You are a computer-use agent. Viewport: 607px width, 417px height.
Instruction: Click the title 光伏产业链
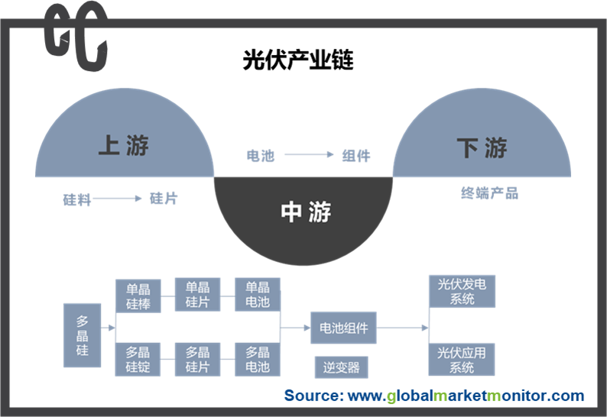tap(298, 60)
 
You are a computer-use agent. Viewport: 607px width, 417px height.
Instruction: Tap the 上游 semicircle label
tap(124, 145)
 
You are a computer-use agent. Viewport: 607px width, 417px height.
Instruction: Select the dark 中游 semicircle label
tap(306, 212)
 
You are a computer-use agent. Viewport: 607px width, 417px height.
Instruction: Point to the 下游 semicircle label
tap(482, 147)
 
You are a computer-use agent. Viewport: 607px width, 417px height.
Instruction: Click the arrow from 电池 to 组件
tap(309, 155)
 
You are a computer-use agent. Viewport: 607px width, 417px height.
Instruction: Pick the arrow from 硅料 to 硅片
tap(117, 199)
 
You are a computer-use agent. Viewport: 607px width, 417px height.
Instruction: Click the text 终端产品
tap(490, 193)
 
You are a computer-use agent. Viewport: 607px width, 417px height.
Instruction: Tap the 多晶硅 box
tap(82, 335)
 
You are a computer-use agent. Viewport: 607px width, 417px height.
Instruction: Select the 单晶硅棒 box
tap(138, 296)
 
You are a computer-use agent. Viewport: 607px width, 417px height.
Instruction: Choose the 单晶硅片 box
tap(197, 294)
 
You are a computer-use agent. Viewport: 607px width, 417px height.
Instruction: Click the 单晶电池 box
tap(258, 294)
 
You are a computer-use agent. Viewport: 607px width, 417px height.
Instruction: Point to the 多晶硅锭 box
tap(138, 360)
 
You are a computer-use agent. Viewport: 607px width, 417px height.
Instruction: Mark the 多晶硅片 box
tap(197, 360)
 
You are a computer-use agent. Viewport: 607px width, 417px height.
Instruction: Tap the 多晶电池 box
tap(258, 360)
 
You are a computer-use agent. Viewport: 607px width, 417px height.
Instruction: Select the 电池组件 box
tap(343, 328)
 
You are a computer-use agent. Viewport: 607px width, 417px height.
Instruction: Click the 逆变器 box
tap(342, 367)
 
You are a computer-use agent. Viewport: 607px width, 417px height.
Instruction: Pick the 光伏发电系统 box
tap(463, 292)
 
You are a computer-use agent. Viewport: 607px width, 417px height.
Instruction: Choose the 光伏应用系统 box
tap(462, 360)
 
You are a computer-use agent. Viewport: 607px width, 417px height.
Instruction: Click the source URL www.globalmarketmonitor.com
tap(466, 396)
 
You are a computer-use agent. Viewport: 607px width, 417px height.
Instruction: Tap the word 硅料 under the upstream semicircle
tap(77, 200)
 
